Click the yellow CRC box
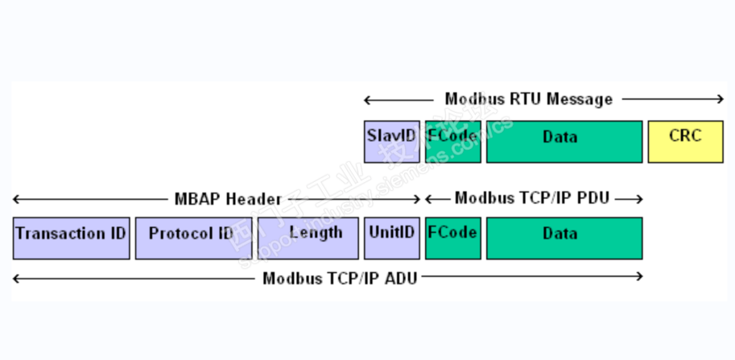(x=685, y=142)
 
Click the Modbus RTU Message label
(x=528, y=99)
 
